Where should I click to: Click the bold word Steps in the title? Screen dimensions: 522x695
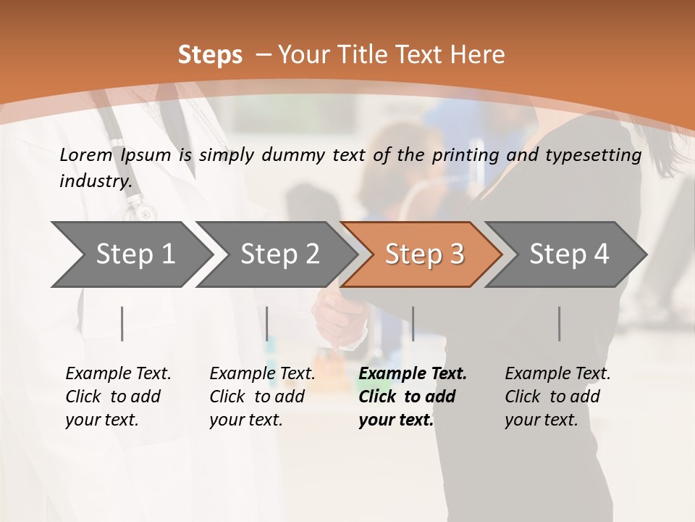pos(210,55)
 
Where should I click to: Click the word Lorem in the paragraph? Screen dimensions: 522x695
pos(86,155)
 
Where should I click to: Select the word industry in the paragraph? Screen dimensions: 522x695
pos(96,181)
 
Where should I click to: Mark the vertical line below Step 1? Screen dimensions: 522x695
pos(122,323)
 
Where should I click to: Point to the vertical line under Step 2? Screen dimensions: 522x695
pos(266,323)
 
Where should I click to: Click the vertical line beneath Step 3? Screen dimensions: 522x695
pos(413,323)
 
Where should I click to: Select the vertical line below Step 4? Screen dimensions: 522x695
pos(559,323)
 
